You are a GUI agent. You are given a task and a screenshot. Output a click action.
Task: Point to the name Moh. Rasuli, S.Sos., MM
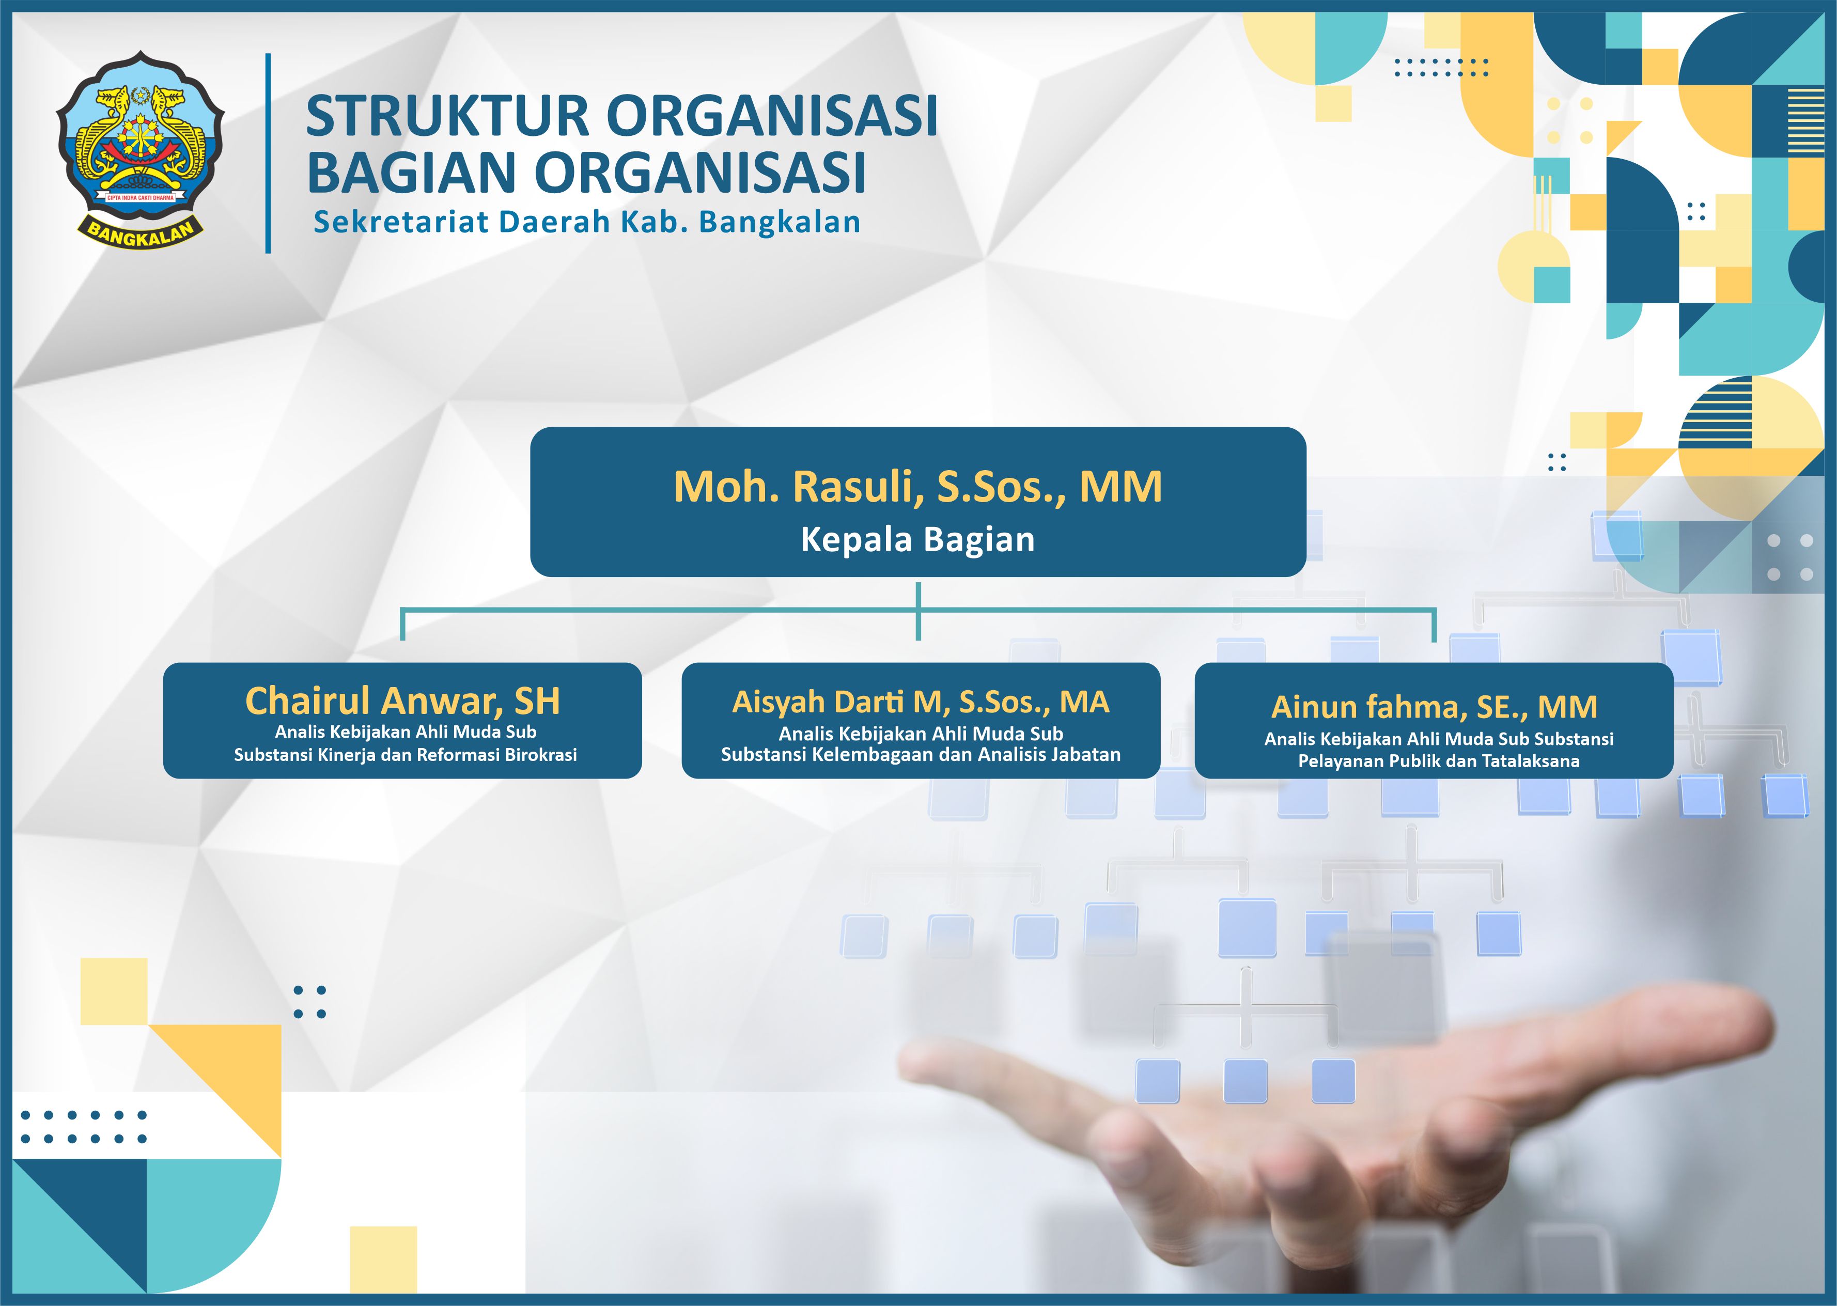point(918,487)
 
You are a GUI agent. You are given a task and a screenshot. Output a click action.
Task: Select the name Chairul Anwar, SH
point(402,701)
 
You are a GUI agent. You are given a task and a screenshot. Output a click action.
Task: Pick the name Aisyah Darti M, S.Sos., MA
point(921,702)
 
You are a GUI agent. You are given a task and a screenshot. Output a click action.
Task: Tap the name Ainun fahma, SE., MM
point(1434,707)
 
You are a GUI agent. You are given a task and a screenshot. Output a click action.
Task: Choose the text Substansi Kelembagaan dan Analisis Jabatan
point(921,754)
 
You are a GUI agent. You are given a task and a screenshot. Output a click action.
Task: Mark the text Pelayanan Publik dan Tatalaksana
point(1438,761)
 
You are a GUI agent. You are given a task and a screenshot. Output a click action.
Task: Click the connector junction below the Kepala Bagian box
point(918,610)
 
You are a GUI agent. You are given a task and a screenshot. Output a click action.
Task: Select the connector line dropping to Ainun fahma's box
point(1434,626)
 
